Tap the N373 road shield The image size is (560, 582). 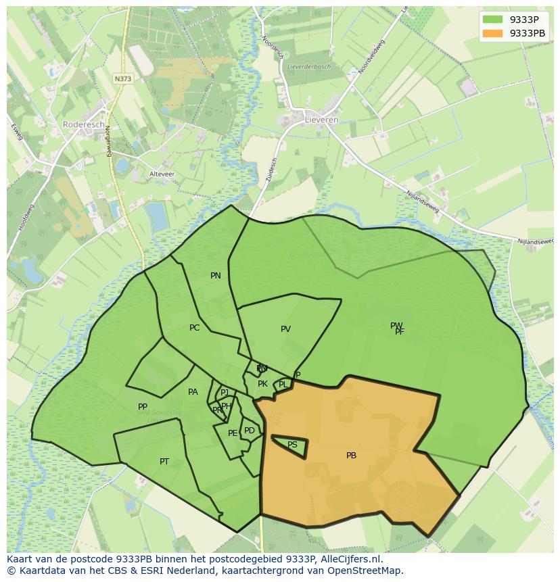(123, 78)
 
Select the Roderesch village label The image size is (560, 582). (83, 124)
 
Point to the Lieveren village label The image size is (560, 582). (322, 120)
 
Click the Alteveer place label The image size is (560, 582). (162, 174)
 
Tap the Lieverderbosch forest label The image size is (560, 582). (308, 67)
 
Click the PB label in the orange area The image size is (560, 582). (351, 456)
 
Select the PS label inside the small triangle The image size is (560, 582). (292, 445)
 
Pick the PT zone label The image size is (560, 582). (164, 462)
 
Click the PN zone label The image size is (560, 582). (216, 276)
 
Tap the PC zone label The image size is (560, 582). (195, 328)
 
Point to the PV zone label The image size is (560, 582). (285, 329)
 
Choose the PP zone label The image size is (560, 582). (143, 407)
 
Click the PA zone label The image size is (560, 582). (193, 392)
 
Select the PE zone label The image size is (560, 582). (233, 433)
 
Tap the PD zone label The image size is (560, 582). (250, 431)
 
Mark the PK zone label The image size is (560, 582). (262, 384)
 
